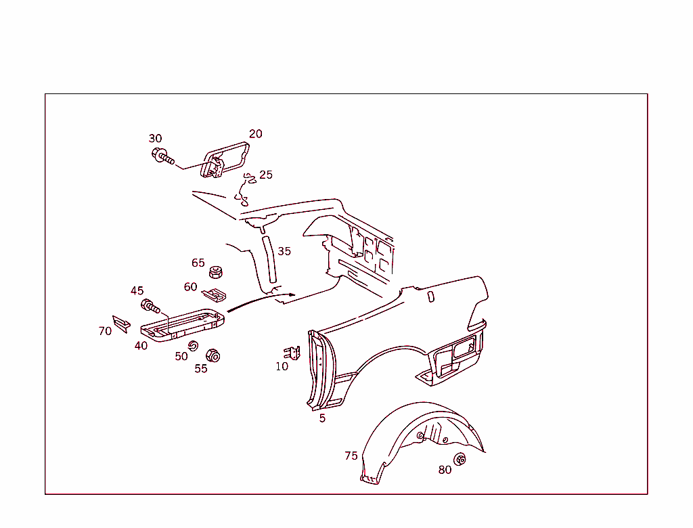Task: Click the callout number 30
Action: pos(155,139)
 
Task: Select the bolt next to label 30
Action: pos(162,157)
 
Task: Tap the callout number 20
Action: pos(255,134)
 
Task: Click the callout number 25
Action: pos(266,175)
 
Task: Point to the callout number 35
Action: pos(284,251)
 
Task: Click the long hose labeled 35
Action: pos(269,260)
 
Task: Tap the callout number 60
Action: pos(191,287)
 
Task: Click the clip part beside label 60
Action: pos(215,294)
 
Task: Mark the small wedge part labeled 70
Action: pos(121,324)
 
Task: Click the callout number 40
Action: pos(141,346)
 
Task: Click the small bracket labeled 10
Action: pos(292,353)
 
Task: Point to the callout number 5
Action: pos(322,418)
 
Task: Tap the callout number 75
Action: pos(351,456)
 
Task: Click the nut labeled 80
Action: pos(460,460)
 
